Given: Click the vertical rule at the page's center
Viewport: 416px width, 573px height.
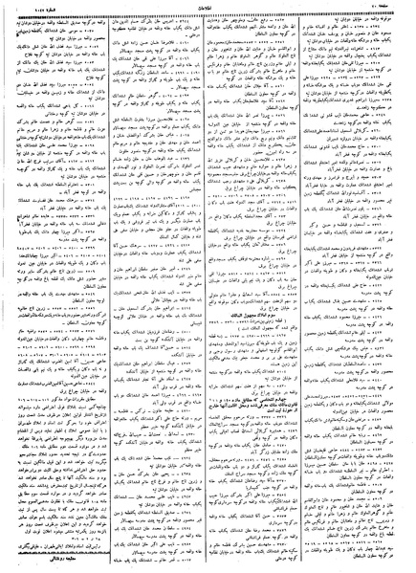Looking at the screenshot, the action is coord(208,287).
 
